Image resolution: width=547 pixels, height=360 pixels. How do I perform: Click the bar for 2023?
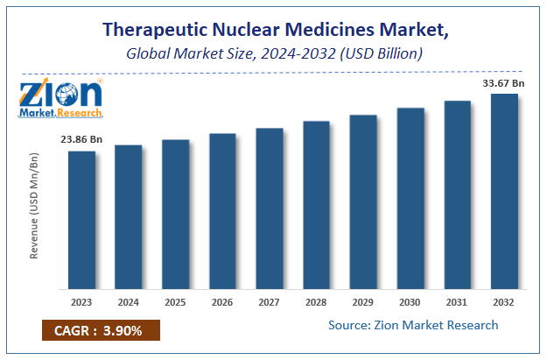pyautogui.click(x=81, y=220)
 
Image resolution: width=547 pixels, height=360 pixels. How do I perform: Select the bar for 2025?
pyautogui.click(x=175, y=215)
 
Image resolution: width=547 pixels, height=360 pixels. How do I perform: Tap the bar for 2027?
pyautogui.click(x=270, y=208)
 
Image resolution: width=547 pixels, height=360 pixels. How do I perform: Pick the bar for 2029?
pyautogui.click(x=363, y=201)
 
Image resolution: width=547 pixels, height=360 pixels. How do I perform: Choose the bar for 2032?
pyautogui.click(x=504, y=191)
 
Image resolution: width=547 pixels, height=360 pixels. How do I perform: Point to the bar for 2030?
pyautogui.click(x=410, y=198)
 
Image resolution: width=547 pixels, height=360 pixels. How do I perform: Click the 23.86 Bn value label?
pyautogui.click(x=81, y=138)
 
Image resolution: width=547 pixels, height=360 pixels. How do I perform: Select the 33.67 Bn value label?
pyautogui.click(x=502, y=83)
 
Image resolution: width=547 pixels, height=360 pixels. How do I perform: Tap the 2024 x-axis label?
pyautogui.click(x=129, y=302)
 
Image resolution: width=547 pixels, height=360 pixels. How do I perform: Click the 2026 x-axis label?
pyautogui.click(x=222, y=302)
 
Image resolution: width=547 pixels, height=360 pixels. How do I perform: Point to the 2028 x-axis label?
pyautogui.click(x=316, y=302)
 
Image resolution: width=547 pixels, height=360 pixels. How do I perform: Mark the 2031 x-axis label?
pyautogui.click(x=457, y=302)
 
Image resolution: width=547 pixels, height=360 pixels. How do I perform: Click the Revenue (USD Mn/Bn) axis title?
pyautogui.click(x=35, y=206)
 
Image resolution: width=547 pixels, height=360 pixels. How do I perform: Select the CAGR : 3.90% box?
pyautogui.click(x=99, y=332)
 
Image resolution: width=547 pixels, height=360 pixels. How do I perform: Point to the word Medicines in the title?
pyautogui.click(x=333, y=29)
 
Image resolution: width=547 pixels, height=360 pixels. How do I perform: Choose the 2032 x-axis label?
pyautogui.click(x=504, y=302)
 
